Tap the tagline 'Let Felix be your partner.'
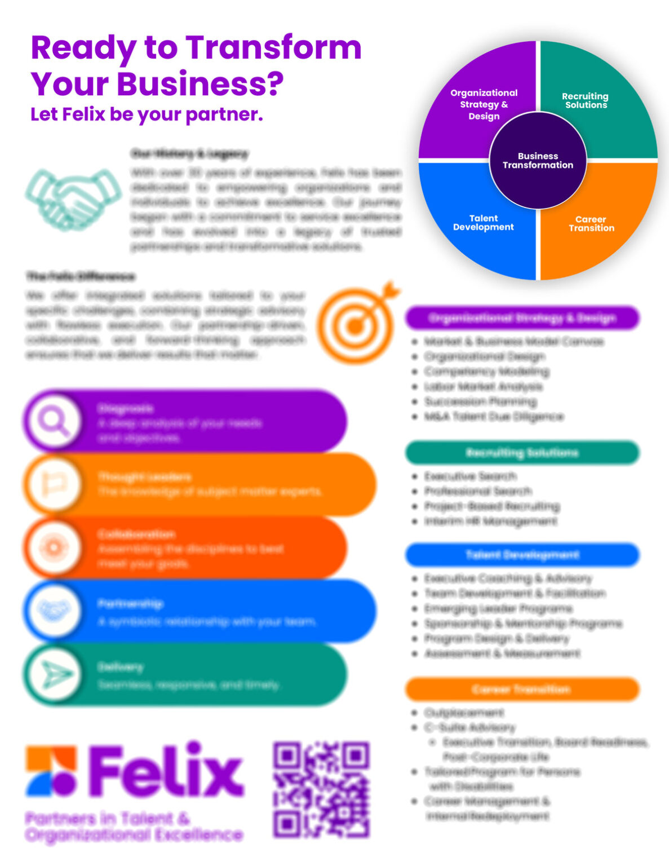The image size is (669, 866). pyautogui.click(x=147, y=114)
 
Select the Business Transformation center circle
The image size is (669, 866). pyautogui.click(x=538, y=161)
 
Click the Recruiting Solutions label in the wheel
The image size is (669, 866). pyautogui.click(x=586, y=100)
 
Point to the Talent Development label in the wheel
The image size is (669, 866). pyautogui.click(x=484, y=223)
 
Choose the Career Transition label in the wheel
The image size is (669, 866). pyautogui.click(x=591, y=224)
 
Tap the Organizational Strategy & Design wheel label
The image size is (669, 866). pyautogui.click(x=484, y=104)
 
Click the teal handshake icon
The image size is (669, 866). pyautogui.click(x=73, y=199)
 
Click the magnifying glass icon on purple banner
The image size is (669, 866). pyautogui.click(x=54, y=421)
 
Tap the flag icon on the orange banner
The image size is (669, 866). pyautogui.click(x=54, y=484)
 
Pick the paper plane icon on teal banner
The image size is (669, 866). pyautogui.click(x=54, y=674)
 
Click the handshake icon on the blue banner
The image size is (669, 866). pyautogui.click(x=54, y=611)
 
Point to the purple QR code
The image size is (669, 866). pyautogui.click(x=321, y=789)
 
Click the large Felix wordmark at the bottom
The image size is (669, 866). pyautogui.click(x=167, y=769)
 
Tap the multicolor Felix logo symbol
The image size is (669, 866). pyautogui.click(x=51, y=770)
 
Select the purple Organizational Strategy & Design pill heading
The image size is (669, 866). pyautogui.click(x=522, y=318)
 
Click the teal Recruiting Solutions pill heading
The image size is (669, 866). pyautogui.click(x=522, y=453)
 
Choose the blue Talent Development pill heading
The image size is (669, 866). pyautogui.click(x=522, y=555)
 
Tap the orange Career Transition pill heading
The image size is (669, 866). pyautogui.click(x=522, y=689)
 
